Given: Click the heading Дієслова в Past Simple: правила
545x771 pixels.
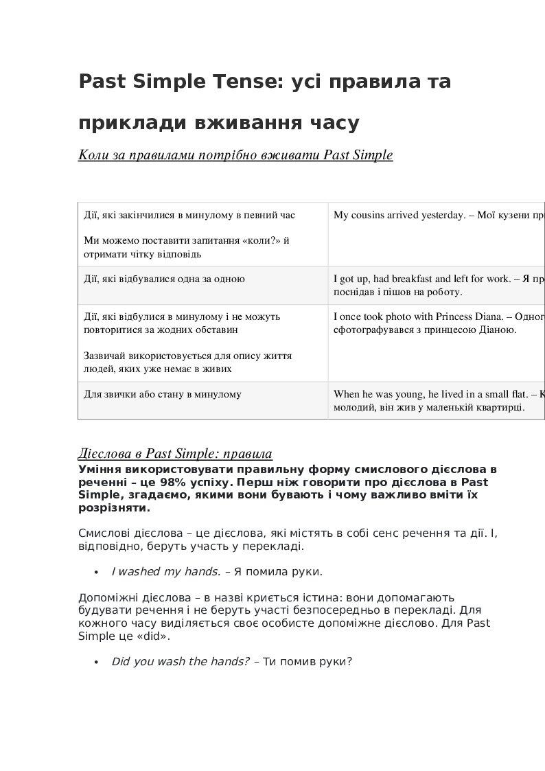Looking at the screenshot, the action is pos(176,454).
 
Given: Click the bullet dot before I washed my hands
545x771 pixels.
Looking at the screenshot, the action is pos(97,572).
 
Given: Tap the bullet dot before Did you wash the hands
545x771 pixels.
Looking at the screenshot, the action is pos(97,663).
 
